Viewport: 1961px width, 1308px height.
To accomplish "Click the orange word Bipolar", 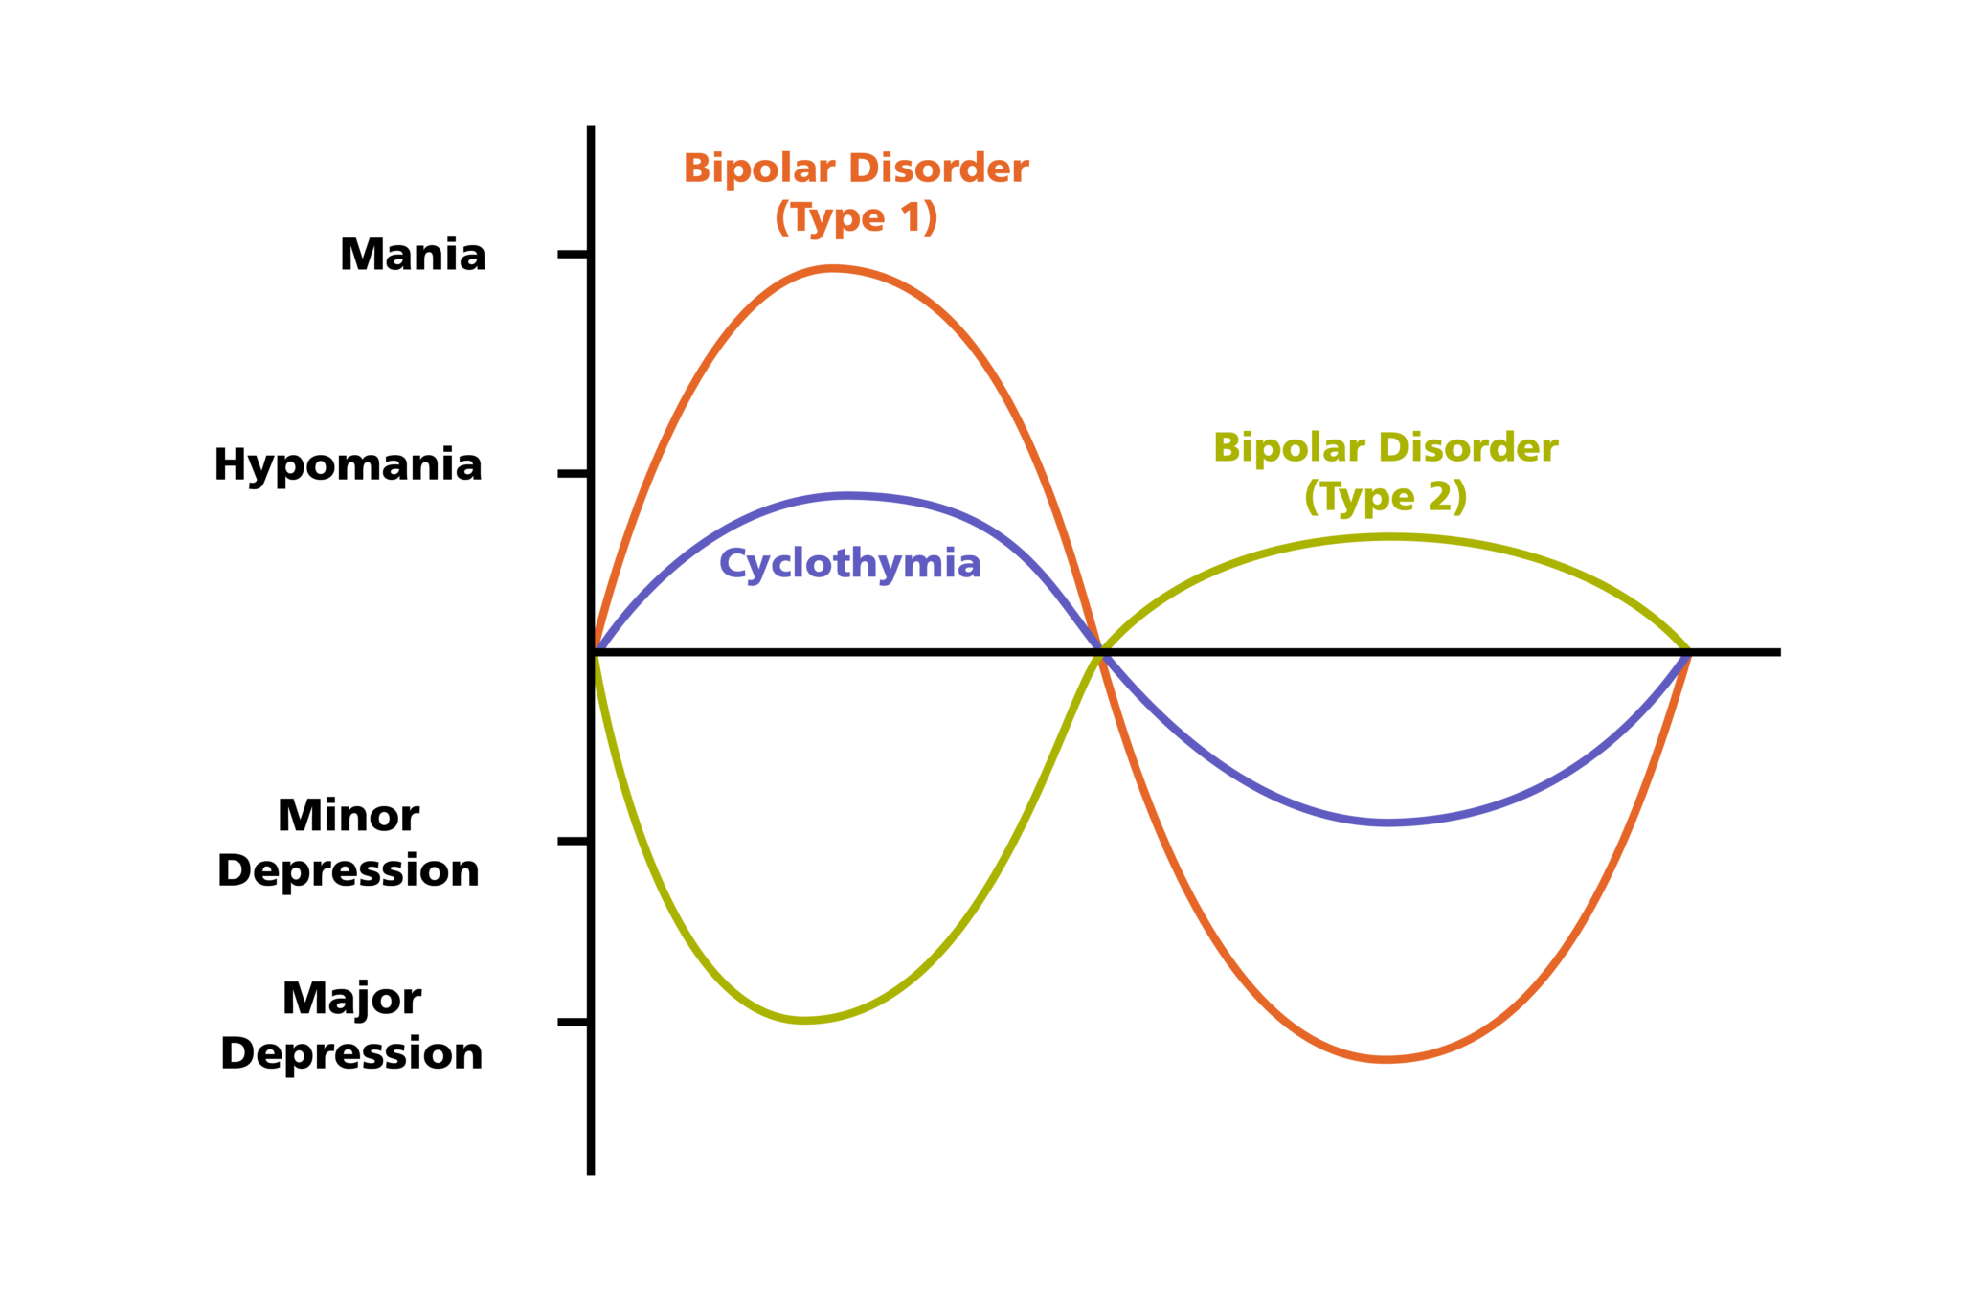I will click(x=758, y=169).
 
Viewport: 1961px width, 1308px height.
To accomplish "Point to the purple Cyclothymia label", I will click(x=849, y=564).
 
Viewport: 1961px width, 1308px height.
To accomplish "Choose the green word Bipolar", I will click(x=1289, y=448).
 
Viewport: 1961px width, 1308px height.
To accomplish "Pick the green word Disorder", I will click(x=1469, y=448).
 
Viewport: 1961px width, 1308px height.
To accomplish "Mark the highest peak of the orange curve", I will click(x=833, y=270).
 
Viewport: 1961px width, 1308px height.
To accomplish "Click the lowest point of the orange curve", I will click(x=1386, y=1058).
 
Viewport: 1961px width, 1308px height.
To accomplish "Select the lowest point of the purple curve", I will click(x=1388, y=822).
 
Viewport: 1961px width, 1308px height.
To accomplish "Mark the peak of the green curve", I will click(x=1388, y=538).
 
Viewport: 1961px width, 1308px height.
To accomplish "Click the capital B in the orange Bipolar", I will click(x=695, y=169).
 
